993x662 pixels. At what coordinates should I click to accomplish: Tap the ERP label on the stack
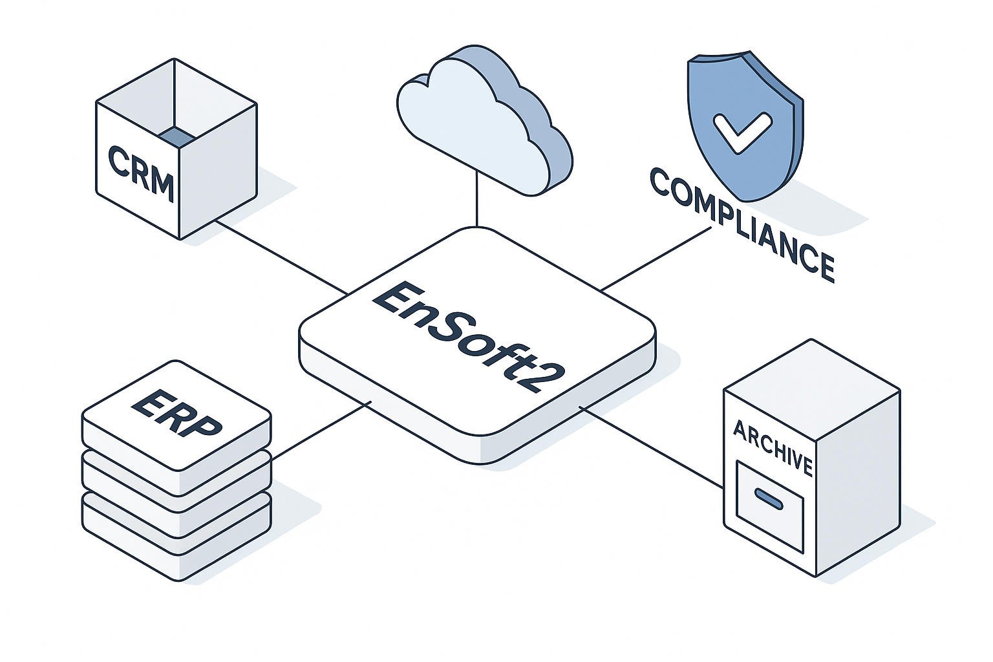point(176,412)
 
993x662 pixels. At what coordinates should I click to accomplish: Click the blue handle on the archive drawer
point(769,498)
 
